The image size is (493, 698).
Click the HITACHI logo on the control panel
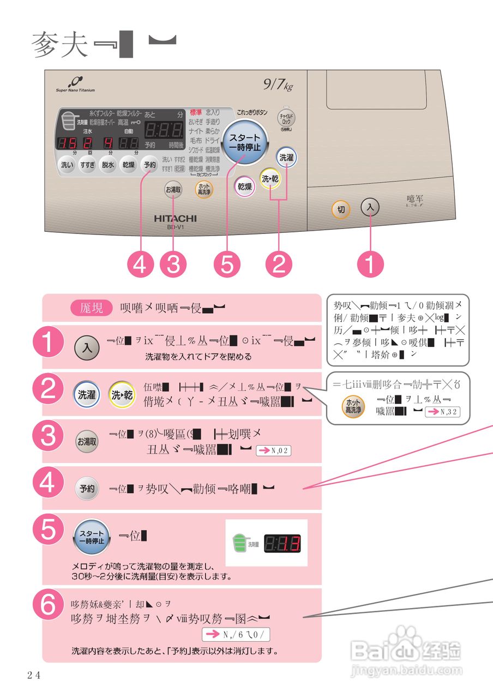click(175, 218)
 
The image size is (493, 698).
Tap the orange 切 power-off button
click(341, 210)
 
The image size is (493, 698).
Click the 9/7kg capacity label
click(278, 85)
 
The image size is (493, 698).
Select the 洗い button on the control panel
click(67, 165)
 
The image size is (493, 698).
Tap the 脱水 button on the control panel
click(108, 165)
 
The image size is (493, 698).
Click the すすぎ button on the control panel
click(87, 165)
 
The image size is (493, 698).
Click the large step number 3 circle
click(56, 441)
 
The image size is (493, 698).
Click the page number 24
click(34, 675)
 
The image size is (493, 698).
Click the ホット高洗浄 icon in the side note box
click(352, 407)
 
